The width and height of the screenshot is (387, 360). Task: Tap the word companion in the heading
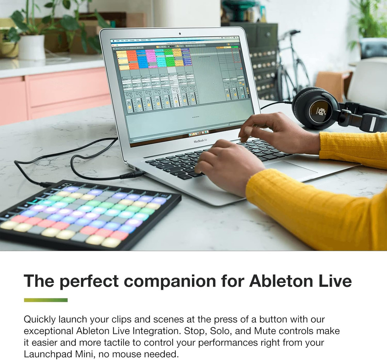pos(171,281)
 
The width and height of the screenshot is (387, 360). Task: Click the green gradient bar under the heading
pos(46,300)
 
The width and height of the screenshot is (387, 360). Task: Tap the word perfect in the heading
pos(94,281)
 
